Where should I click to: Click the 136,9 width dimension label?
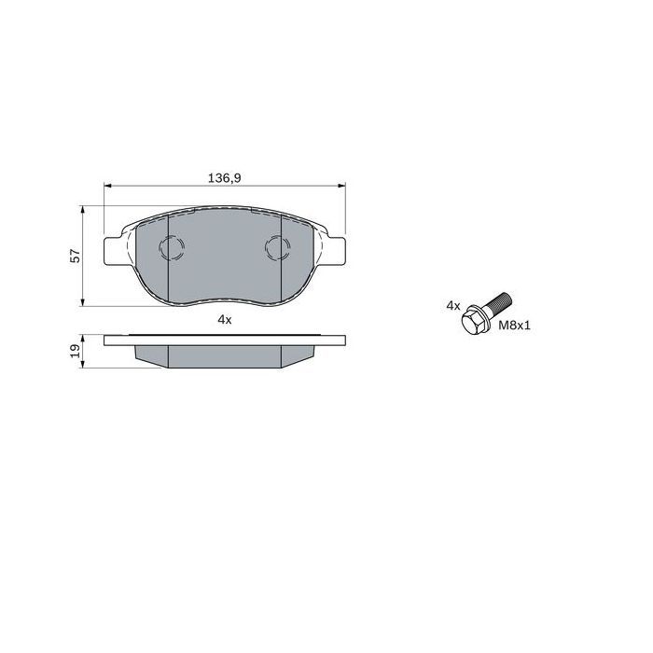pyautogui.click(x=225, y=178)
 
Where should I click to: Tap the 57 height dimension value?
pyautogui.click(x=76, y=256)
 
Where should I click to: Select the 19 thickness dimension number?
pyautogui.click(x=76, y=351)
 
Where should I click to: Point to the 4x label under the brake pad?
pyautogui.click(x=225, y=320)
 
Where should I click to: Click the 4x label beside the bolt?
pyautogui.click(x=453, y=306)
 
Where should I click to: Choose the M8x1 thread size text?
pyautogui.click(x=515, y=326)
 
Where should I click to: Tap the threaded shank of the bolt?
pyautogui.click(x=499, y=303)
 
